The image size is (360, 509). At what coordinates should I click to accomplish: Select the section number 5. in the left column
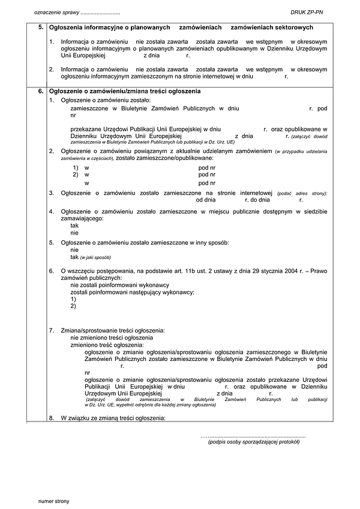[x=40, y=28]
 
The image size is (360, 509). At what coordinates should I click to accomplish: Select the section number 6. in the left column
[x=40, y=91]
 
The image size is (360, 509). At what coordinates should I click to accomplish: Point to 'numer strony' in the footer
[x=53, y=499]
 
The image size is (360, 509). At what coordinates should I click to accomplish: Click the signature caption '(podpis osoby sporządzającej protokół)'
[x=253, y=441]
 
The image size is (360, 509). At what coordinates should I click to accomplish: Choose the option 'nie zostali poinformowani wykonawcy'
[x=120, y=285]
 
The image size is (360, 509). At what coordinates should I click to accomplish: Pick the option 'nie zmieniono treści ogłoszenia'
[x=112, y=338]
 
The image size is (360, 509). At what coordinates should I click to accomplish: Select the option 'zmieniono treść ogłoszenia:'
[x=107, y=345]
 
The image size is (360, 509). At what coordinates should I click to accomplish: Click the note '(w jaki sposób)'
[x=95, y=257]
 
